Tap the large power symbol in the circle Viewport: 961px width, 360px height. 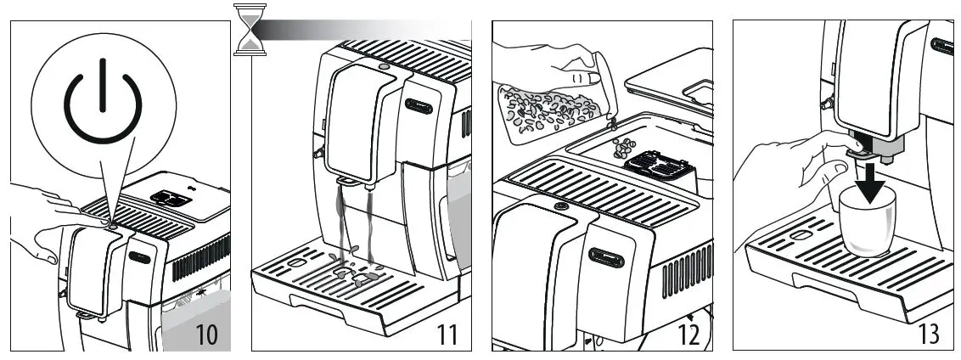click(102, 98)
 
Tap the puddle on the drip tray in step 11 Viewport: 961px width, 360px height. click(357, 276)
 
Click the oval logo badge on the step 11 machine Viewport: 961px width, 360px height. click(419, 105)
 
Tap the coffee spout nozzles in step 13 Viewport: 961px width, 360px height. click(870, 153)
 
